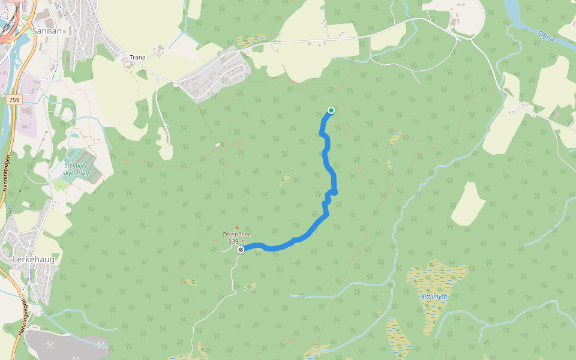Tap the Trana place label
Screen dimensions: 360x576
(x=137, y=58)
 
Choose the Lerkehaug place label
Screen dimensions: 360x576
(x=34, y=260)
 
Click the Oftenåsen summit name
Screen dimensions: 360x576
(x=237, y=235)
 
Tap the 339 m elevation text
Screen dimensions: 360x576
(x=237, y=241)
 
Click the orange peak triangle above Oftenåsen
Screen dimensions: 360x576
(x=236, y=227)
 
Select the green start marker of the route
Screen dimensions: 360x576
(x=331, y=110)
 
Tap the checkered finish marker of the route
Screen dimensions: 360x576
(x=240, y=249)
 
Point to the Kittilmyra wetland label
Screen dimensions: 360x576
(x=434, y=296)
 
